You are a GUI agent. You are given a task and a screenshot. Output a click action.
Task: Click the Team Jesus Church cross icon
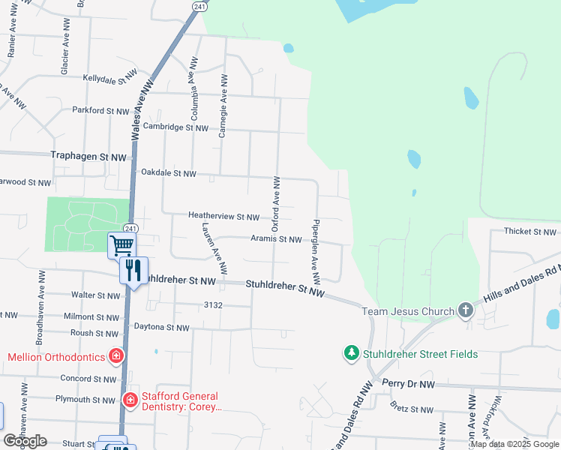(465, 310)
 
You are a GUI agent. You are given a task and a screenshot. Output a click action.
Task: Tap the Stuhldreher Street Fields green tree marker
(351, 352)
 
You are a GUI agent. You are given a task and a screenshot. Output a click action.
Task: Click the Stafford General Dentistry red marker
(130, 400)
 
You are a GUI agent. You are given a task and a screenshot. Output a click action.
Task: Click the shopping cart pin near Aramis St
(121, 244)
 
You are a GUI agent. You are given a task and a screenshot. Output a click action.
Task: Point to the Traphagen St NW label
(88, 157)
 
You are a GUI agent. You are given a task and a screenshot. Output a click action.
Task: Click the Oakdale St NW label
(169, 173)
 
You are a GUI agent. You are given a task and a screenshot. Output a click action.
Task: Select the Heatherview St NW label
(223, 217)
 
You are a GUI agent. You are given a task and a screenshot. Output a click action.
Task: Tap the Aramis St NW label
(275, 239)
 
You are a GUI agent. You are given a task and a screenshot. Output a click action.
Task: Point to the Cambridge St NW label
(175, 127)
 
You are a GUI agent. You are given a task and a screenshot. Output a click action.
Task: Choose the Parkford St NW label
(101, 110)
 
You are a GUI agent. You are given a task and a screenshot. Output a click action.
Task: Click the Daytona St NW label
(161, 328)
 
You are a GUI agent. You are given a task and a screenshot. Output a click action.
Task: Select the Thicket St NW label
(529, 232)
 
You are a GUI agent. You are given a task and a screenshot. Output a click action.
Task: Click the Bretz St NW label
(412, 409)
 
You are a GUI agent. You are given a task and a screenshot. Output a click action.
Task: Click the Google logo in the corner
(25, 441)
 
